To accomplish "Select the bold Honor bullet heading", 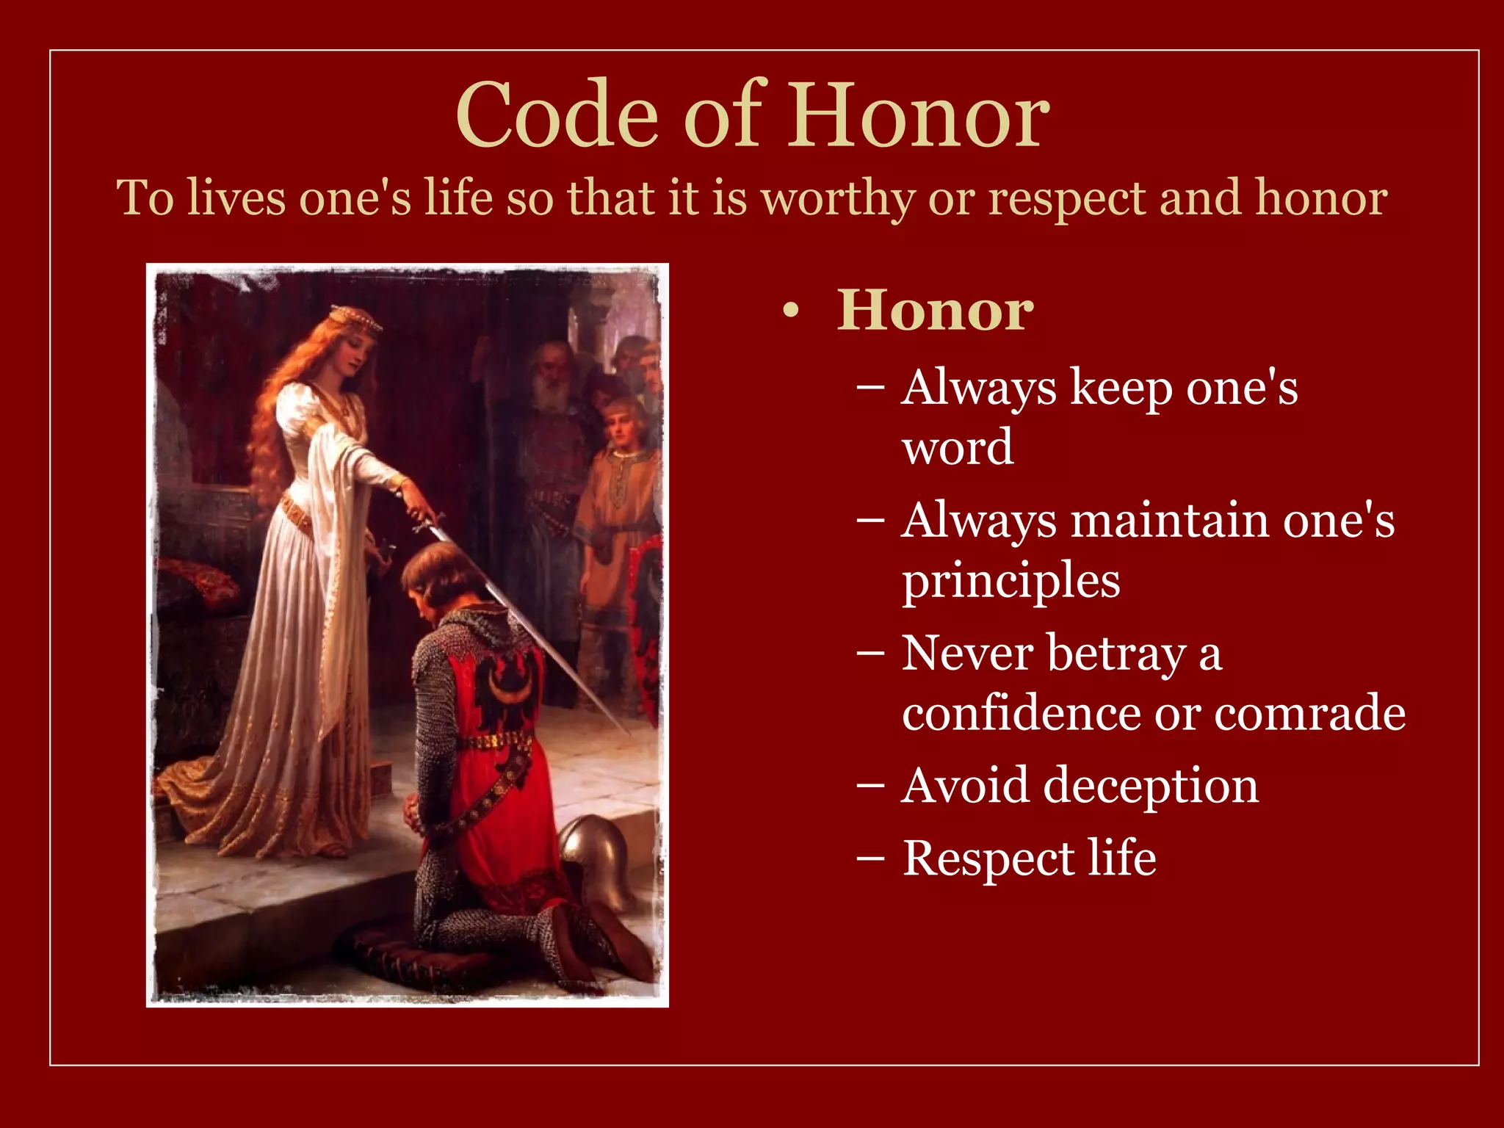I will (x=935, y=311).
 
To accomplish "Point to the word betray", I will (x=1116, y=653).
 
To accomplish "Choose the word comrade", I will (x=1309, y=713).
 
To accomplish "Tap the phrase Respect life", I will (x=1029, y=858).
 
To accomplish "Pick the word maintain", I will (x=1170, y=521).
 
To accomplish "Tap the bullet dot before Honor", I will (x=790, y=312).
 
